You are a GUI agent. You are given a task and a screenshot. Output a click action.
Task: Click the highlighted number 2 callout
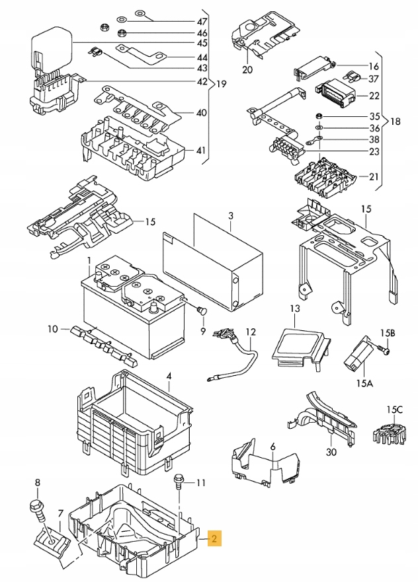pos(214,538)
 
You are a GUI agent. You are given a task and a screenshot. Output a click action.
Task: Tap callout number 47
pos(202,21)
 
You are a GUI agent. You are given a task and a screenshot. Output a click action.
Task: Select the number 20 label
pos(247,69)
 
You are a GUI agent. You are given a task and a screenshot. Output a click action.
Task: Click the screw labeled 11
pos(177,480)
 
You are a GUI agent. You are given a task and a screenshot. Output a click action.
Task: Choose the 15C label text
pos(396,409)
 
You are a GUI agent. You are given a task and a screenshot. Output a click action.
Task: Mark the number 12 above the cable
pos(251,331)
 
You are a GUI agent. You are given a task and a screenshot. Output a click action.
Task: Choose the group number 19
pos(221,84)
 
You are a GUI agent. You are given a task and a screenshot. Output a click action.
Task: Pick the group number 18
pos(396,122)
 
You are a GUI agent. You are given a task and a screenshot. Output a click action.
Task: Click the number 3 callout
pos(231,216)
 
